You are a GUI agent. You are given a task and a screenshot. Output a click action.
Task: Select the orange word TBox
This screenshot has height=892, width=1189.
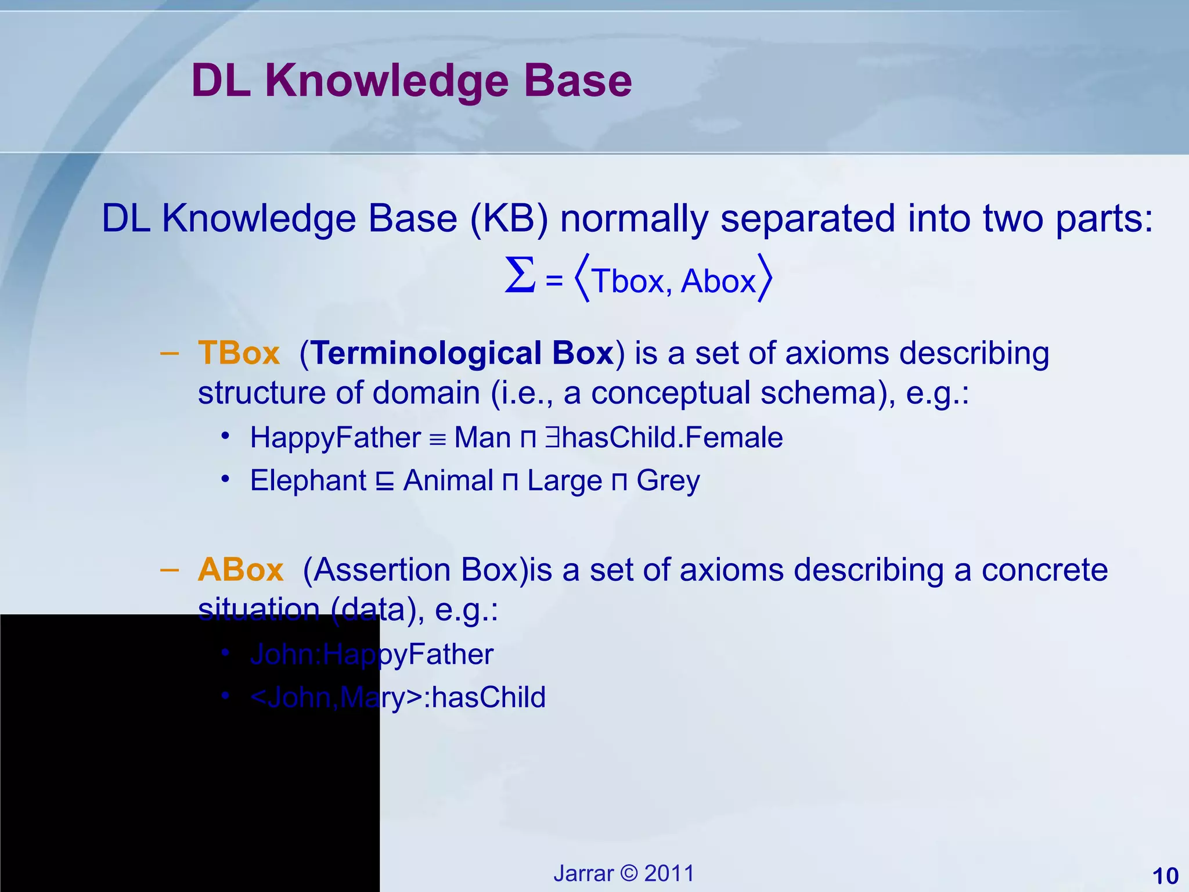[239, 353]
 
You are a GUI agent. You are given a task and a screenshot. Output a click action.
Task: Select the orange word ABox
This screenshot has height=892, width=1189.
[240, 569]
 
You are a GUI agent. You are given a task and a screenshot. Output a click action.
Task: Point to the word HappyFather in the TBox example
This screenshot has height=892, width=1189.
[335, 437]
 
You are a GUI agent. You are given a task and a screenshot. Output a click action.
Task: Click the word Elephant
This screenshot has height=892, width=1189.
[308, 480]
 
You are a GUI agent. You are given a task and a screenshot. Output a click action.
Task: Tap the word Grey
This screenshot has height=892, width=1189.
[668, 480]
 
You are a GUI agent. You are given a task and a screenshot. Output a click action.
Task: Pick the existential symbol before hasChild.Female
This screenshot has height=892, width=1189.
[552, 437]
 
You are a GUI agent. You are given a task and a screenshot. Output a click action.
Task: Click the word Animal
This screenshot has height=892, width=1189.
[448, 480]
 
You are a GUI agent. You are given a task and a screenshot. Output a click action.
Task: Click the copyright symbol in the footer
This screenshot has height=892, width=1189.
[629, 873]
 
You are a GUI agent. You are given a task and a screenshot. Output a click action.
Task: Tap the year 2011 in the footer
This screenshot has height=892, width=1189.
[669, 873]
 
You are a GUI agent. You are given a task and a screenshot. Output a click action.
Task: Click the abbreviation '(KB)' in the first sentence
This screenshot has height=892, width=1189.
[509, 219]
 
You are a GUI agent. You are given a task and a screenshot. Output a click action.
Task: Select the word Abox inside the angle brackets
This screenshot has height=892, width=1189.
[718, 281]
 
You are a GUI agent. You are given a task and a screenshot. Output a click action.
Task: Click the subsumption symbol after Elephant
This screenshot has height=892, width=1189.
[384, 481]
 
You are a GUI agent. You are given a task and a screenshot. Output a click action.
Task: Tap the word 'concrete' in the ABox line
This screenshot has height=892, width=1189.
[1044, 569]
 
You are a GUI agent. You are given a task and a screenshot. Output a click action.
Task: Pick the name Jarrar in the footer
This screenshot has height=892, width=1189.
[583, 873]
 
